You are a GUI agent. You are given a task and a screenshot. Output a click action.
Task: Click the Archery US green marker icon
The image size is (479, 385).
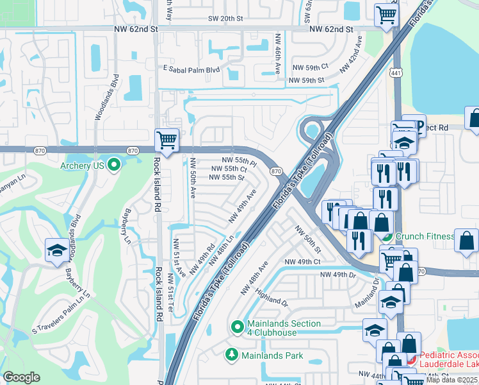point(115,166)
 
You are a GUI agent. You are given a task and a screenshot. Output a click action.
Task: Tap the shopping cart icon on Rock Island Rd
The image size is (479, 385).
point(166,139)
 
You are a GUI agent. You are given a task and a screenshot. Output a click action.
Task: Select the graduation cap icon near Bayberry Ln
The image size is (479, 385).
point(57,251)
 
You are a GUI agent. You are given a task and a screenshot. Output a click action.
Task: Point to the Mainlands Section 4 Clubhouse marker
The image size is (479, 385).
point(238,327)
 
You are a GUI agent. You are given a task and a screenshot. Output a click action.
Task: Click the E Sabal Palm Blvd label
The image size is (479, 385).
point(191,69)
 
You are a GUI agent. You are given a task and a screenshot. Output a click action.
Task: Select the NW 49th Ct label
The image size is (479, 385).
point(302,262)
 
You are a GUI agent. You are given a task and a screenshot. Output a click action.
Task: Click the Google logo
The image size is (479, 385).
point(21,377)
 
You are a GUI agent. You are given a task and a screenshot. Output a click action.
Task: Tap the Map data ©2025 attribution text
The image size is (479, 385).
point(452,380)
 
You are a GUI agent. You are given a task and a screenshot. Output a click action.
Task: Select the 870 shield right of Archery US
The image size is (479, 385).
point(133,150)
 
